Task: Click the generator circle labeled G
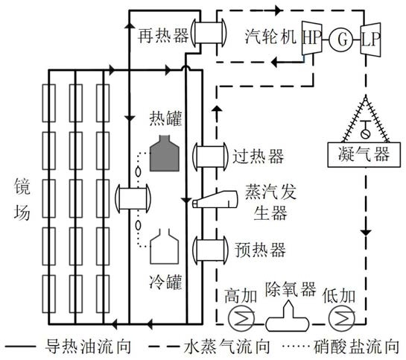[340, 40]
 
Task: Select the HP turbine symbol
[312, 38]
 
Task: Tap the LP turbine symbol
[370, 39]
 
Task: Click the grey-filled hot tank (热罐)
[165, 154]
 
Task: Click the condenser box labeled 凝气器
[364, 154]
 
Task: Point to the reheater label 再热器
[163, 36]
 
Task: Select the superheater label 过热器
[258, 157]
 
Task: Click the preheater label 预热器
[260, 250]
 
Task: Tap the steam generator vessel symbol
[215, 199]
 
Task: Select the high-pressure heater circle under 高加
[241, 318]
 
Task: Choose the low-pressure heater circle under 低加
[342, 318]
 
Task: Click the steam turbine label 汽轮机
[270, 36]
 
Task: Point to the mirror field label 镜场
[22, 199]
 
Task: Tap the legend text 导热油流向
[88, 347]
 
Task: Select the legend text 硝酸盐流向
[357, 347]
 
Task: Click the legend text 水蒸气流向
[226, 347]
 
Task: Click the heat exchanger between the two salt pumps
[133, 199]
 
